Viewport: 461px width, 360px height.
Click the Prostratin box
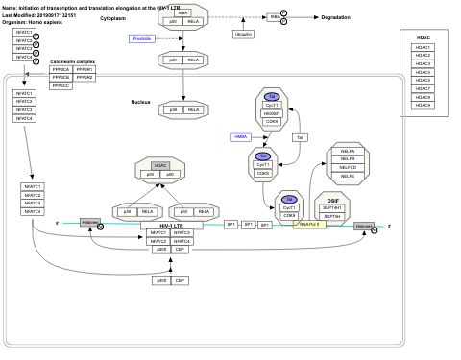(x=142, y=38)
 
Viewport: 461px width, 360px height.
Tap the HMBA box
(x=240, y=137)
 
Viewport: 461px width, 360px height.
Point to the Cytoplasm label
(x=112, y=18)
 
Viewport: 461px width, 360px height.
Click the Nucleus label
(x=141, y=101)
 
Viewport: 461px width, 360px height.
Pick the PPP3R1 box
(x=84, y=70)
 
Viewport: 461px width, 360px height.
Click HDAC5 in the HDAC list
(x=424, y=72)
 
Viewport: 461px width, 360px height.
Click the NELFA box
(x=347, y=151)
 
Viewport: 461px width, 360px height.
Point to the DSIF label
(x=332, y=200)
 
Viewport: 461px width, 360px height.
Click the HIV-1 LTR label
(x=171, y=225)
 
